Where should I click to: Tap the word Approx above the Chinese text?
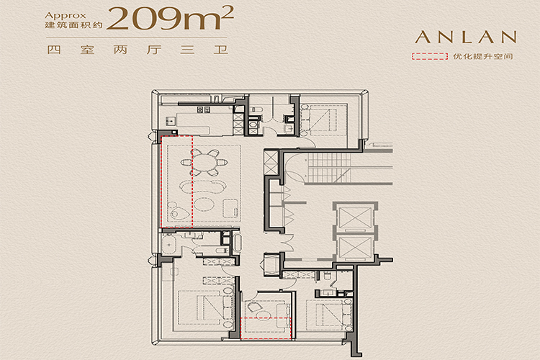pos(65,16)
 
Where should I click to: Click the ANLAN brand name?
pos(466,37)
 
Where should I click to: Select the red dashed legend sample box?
pos(430,56)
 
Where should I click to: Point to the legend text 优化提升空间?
pos(483,56)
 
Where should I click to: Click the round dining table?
pos(204,162)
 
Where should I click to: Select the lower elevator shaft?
pos(355,248)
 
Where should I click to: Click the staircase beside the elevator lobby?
pos(329,168)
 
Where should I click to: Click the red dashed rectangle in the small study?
pos(266,328)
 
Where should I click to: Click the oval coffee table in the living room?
pos(204,204)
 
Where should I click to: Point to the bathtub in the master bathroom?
pos(168,244)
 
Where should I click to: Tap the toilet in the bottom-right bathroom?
pos(326,276)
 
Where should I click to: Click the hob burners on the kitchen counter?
pos(203,109)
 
